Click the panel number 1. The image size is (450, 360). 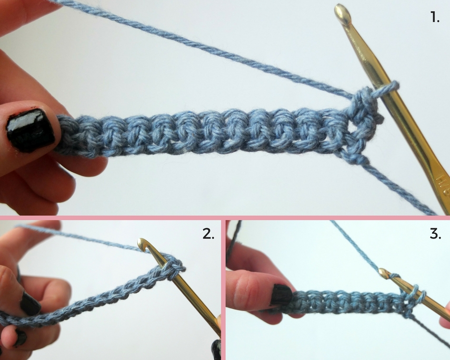pos(435,18)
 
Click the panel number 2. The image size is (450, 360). pos(209,233)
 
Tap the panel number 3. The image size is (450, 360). pos(435,233)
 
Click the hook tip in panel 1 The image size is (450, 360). pos(342,14)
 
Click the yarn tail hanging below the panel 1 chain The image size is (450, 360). pos(400,188)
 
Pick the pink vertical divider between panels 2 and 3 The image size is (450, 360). pos(223,290)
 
